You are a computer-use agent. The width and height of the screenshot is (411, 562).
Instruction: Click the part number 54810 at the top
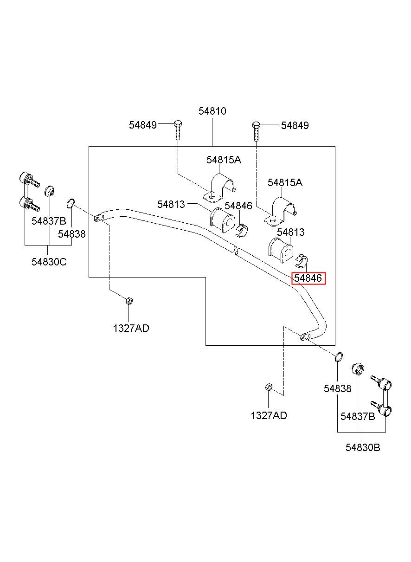pos(212,111)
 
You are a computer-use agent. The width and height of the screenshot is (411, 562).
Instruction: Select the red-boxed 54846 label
pos(308,278)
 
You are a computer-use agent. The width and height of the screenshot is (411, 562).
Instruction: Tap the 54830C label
pos(49,262)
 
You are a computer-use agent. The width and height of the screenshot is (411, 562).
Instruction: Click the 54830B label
pos(363,447)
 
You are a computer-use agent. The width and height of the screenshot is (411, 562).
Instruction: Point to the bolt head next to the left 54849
pos(178,124)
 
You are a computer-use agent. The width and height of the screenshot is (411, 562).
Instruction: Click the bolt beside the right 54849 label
pos(256,131)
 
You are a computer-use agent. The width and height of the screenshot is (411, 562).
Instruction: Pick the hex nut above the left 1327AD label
pos(129,300)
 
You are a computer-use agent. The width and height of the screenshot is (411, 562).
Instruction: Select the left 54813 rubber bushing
pos(222,220)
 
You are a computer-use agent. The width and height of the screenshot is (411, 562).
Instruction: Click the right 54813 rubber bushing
pos(281,250)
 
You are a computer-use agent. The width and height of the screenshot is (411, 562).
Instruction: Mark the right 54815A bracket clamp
pos(281,211)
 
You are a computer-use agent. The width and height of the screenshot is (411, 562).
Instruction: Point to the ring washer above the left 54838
pos(71,203)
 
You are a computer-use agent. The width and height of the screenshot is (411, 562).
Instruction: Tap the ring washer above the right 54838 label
pos(339,356)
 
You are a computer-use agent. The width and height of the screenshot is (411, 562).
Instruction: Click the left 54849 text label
pos(143,125)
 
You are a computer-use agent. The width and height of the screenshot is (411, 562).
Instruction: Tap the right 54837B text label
pos(358,416)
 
